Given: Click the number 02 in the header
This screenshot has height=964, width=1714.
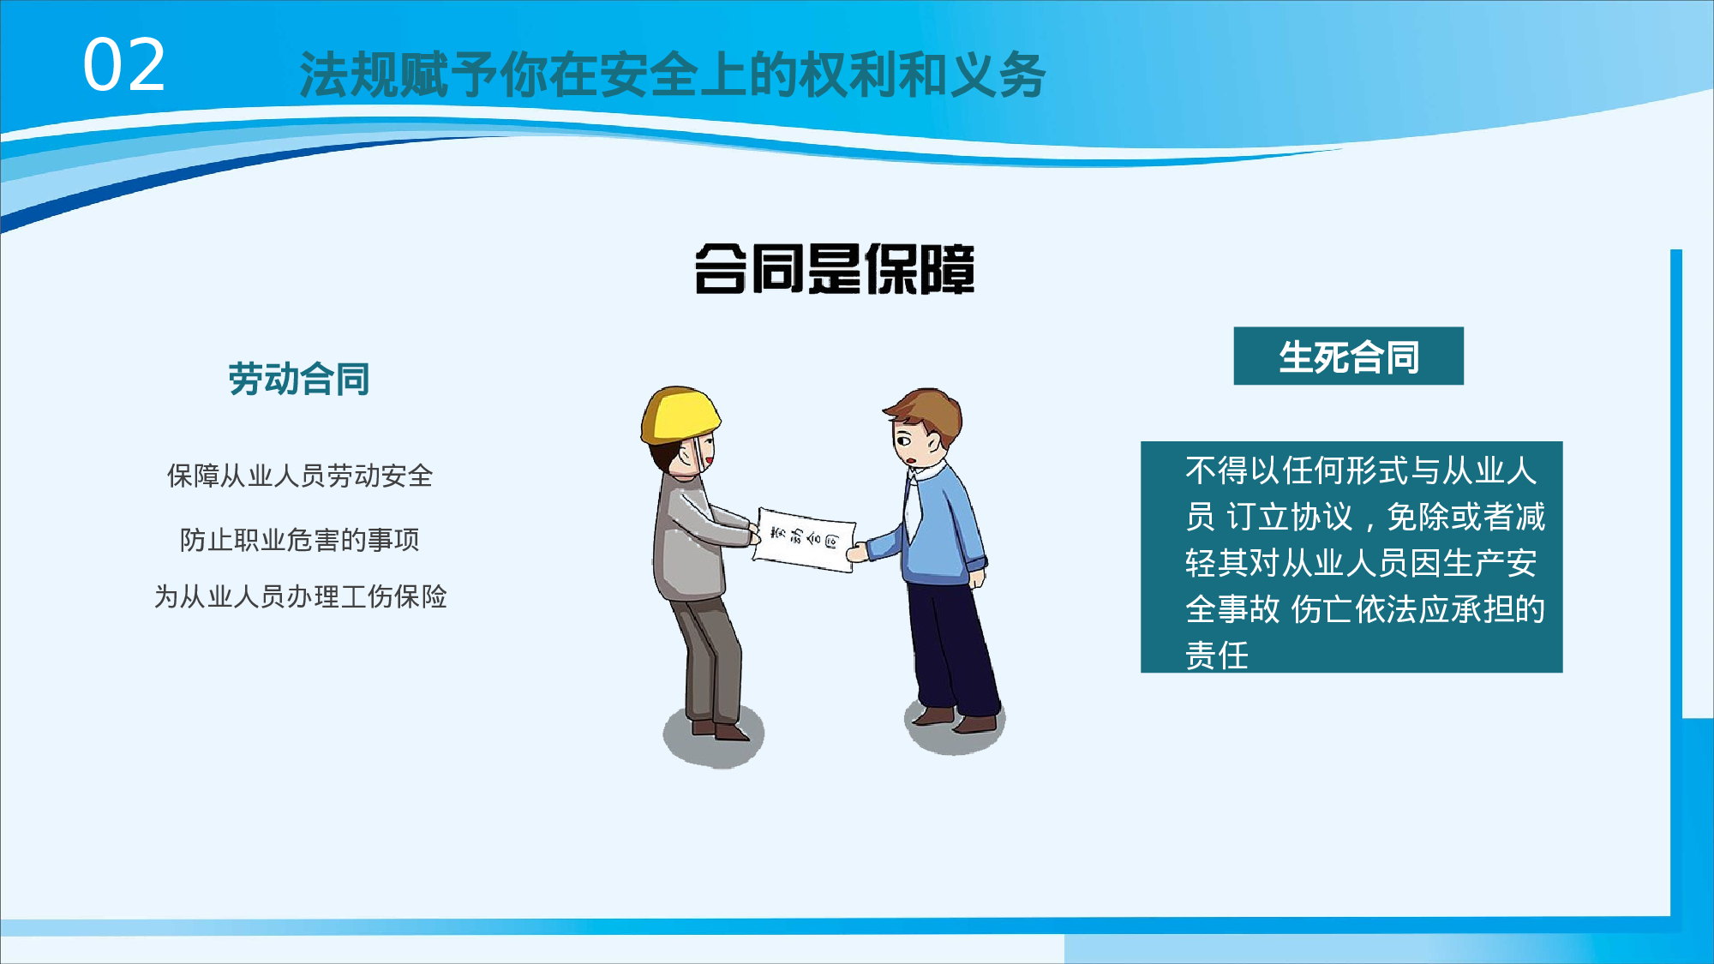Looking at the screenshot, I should point(124,66).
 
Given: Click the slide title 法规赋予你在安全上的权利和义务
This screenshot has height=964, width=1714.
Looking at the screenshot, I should point(672,75).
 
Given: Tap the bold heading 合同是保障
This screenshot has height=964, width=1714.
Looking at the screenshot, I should point(834,269).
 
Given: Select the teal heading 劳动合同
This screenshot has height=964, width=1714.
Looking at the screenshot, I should point(298,379).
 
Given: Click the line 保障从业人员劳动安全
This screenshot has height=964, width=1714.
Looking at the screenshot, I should point(300,476).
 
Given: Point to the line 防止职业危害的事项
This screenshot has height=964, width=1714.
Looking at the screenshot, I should point(300,540).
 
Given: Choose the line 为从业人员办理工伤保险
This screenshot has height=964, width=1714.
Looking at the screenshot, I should point(300,596).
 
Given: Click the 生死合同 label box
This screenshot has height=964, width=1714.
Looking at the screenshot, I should point(1348,356).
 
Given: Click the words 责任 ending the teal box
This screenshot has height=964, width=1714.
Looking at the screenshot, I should point(1217,656).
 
